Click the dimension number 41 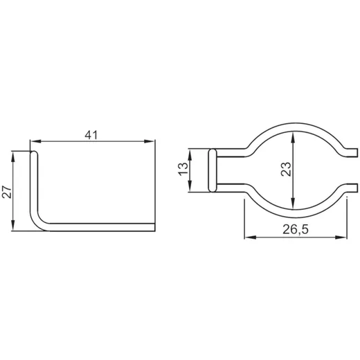pos(91,135)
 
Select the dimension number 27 pos(7,191)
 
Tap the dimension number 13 pos(183,169)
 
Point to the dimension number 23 pos(286,169)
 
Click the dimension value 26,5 pos(296,230)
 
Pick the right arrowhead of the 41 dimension pos(149,141)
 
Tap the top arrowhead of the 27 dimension pos(13,156)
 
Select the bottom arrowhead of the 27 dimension pos(13,226)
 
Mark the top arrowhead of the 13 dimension pos(190,155)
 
